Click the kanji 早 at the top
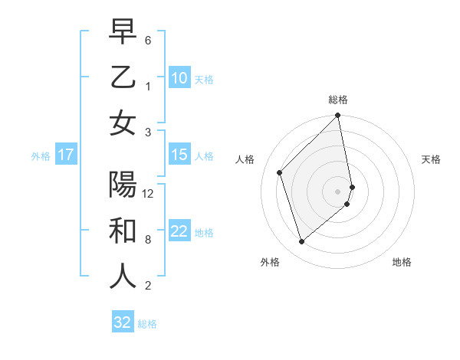point(123,32)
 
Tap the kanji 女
point(123,123)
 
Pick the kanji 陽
point(123,186)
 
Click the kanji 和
point(123,231)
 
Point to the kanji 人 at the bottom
point(123,277)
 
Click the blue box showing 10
point(179,78)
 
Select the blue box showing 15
point(179,155)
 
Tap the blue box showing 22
point(179,231)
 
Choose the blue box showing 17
point(65,155)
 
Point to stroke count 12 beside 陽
point(148,193)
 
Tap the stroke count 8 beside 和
point(147,240)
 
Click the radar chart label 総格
point(338,100)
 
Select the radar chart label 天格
point(431,159)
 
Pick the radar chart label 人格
point(245,159)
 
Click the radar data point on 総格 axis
point(338,116)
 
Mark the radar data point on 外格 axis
point(301,241)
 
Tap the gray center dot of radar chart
point(338,191)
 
